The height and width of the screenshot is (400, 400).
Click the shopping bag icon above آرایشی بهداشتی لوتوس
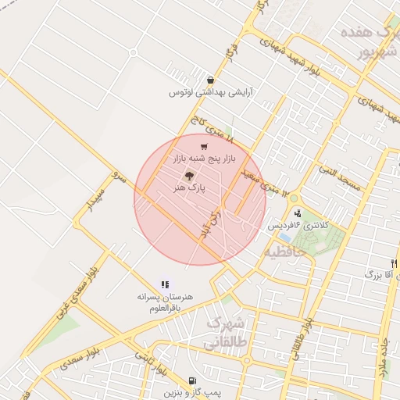click(210, 80)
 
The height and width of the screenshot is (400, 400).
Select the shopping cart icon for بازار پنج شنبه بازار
click(204, 146)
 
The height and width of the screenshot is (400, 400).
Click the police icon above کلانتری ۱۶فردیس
click(298, 212)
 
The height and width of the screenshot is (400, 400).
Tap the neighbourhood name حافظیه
click(279, 252)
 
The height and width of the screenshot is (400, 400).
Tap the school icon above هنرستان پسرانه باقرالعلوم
click(165, 285)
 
